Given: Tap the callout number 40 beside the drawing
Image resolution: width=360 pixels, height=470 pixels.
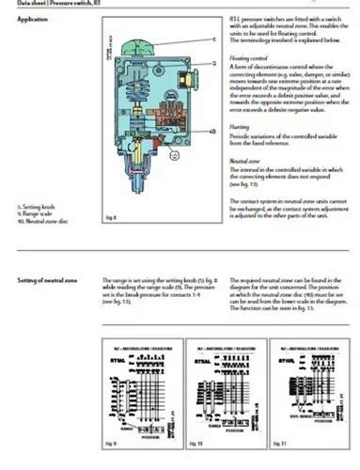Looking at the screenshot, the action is click(214, 130).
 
